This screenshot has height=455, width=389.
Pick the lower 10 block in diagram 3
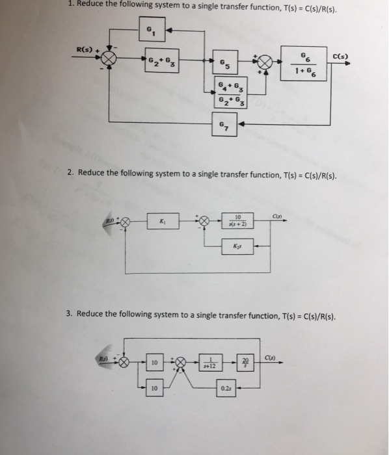click(x=154, y=389)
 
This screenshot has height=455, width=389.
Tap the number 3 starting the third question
click(x=69, y=314)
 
